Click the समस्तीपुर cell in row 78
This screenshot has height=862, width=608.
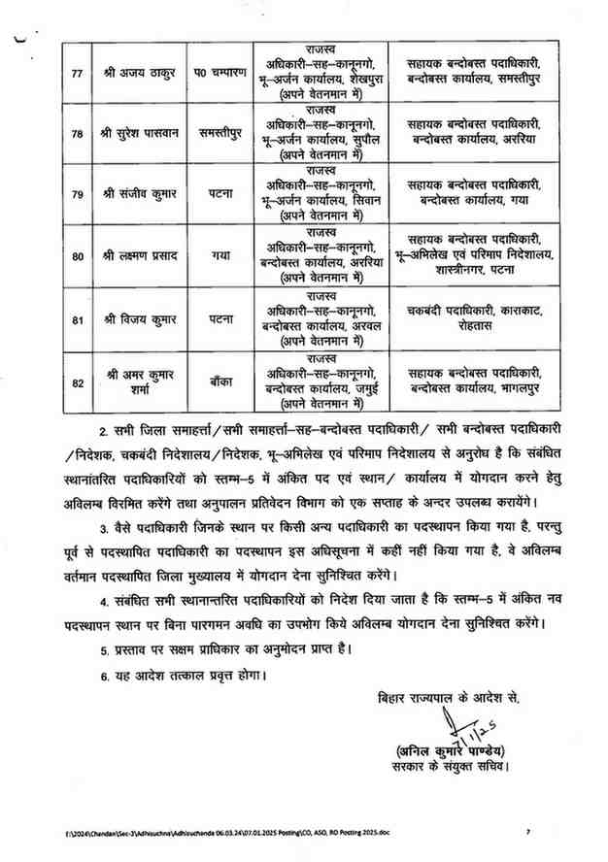pos(220,136)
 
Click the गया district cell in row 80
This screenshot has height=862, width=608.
pos(220,256)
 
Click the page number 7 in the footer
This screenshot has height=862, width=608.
pos(528,831)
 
